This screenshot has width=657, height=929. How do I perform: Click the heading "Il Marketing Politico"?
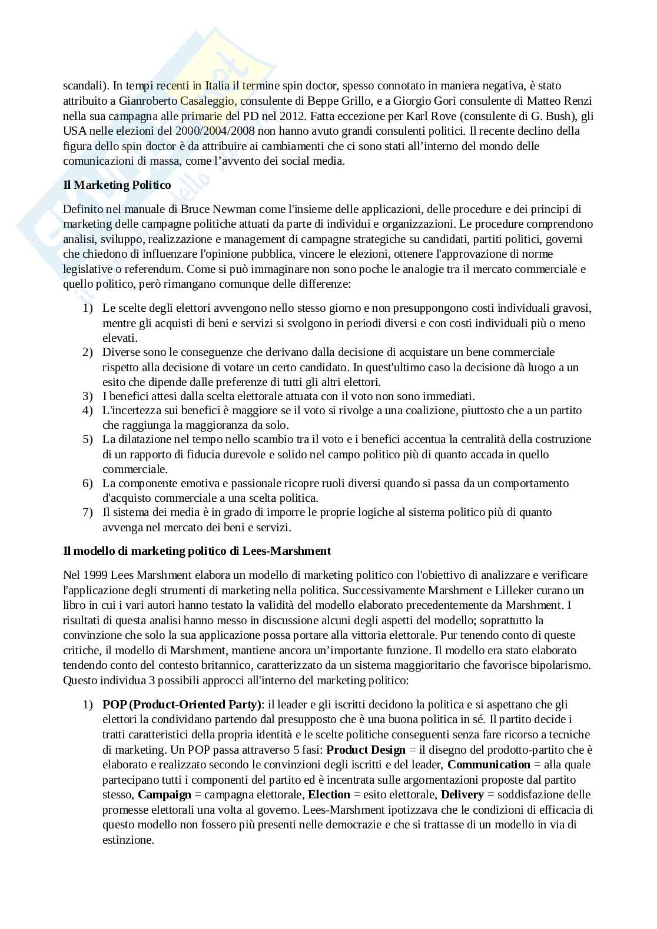[117, 185]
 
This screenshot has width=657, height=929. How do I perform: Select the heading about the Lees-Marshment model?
[197, 551]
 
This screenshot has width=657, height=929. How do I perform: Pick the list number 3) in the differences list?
[87, 396]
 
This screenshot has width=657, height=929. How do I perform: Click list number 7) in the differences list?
[87, 512]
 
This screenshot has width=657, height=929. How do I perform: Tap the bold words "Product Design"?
[366, 750]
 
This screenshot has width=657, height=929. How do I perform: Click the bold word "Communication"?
[489, 765]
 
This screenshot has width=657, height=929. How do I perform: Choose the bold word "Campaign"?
[164, 795]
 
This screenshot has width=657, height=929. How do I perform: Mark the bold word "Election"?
[329, 795]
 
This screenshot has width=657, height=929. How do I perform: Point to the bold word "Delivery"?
[462, 795]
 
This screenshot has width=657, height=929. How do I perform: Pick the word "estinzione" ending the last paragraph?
[128, 840]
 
